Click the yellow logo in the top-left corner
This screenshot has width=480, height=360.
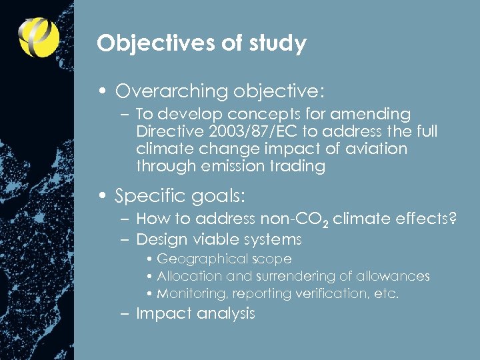(39, 37)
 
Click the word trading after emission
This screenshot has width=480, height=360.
(295, 167)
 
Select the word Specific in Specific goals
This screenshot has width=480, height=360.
(147, 197)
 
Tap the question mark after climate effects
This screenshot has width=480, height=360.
(453, 219)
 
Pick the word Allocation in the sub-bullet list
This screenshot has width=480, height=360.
(190, 276)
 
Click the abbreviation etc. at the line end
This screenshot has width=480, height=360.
(386, 293)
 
